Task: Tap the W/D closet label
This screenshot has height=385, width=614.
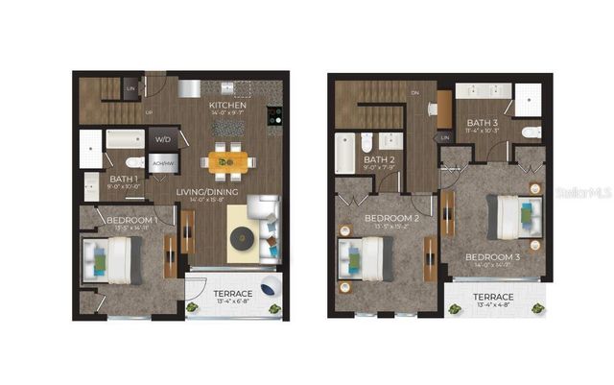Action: click(163, 140)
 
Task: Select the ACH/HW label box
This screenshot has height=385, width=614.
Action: click(163, 164)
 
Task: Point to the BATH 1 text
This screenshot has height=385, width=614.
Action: click(123, 179)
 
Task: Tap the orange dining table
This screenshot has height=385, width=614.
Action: click(227, 159)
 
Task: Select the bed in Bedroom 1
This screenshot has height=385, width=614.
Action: click(113, 259)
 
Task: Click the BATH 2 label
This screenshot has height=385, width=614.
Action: click(380, 160)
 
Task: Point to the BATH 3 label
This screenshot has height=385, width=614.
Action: click(483, 122)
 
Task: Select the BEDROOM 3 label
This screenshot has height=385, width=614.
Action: click(493, 257)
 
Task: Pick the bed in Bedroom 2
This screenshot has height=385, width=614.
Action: click(366, 257)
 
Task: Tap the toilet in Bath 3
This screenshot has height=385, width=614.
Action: click(531, 132)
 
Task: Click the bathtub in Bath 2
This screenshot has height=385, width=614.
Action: click(344, 153)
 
